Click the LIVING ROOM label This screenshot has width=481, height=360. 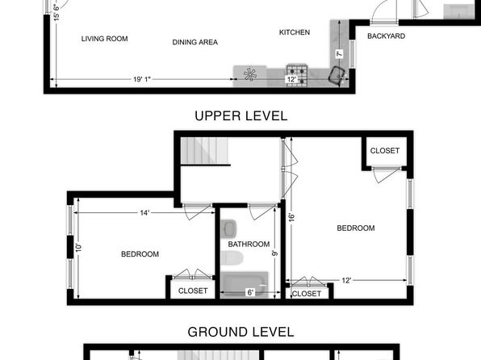click(x=104, y=39)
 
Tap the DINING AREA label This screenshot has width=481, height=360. click(x=195, y=42)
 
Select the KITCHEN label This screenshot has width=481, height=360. click(x=295, y=32)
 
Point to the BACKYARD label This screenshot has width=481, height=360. click(x=387, y=36)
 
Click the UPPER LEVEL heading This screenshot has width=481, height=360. click(x=241, y=116)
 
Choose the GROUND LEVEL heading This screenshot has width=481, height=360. click(x=240, y=332)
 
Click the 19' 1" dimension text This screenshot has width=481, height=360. click(x=142, y=79)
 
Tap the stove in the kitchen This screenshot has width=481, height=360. click(x=297, y=75)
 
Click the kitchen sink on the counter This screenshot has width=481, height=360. click(x=337, y=74)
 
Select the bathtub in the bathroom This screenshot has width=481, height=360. click(x=245, y=284)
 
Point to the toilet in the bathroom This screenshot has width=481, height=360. click(x=232, y=258)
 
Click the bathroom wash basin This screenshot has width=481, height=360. click(x=228, y=228)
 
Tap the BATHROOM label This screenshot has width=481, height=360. click(x=249, y=245)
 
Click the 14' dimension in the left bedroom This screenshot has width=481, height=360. click(x=144, y=212)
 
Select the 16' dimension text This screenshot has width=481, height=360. click(x=291, y=217)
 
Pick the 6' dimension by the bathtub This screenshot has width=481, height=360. click(x=251, y=292)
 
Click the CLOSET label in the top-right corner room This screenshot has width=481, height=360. click(x=385, y=151)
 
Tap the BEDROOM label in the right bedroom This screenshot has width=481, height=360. click(x=356, y=228)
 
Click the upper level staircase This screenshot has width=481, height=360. click(x=205, y=151)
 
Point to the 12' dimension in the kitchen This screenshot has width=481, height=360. click(x=291, y=79)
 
